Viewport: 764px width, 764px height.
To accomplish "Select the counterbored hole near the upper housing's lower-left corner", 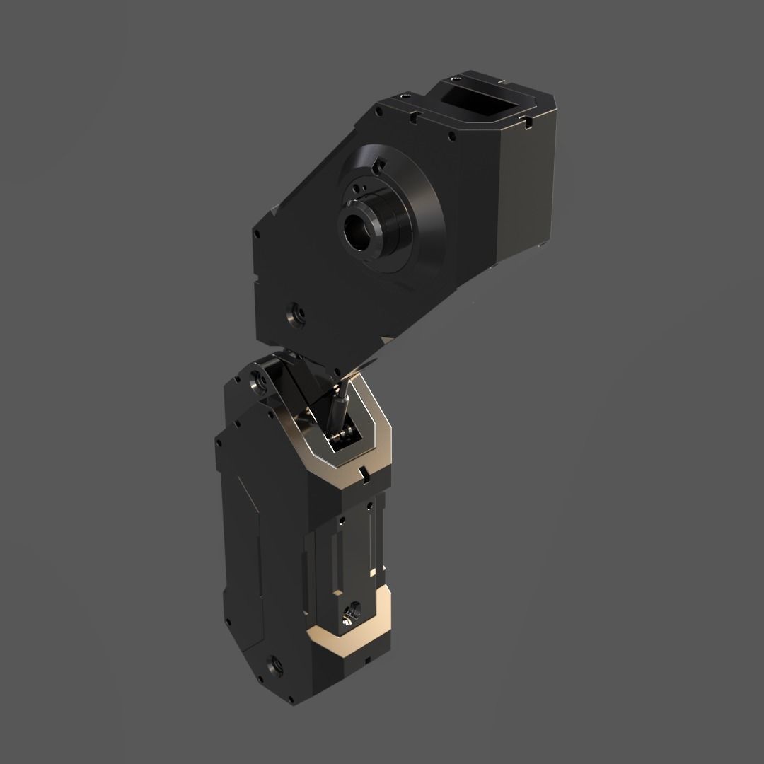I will pyautogui.click(x=293, y=313).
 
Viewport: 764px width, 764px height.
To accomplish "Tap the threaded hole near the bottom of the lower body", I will pyautogui.click(x=272, y=665).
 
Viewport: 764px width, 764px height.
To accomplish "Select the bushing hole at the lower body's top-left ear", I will pyautogui.click(x=259, y=383).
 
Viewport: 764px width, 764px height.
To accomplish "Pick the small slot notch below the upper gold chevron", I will pyautogui.click(x=362, y=471).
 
